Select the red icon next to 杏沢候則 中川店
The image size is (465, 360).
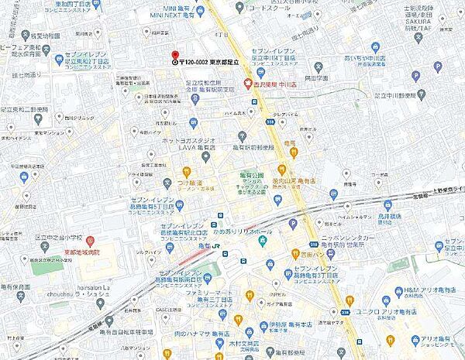click(247, 84)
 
